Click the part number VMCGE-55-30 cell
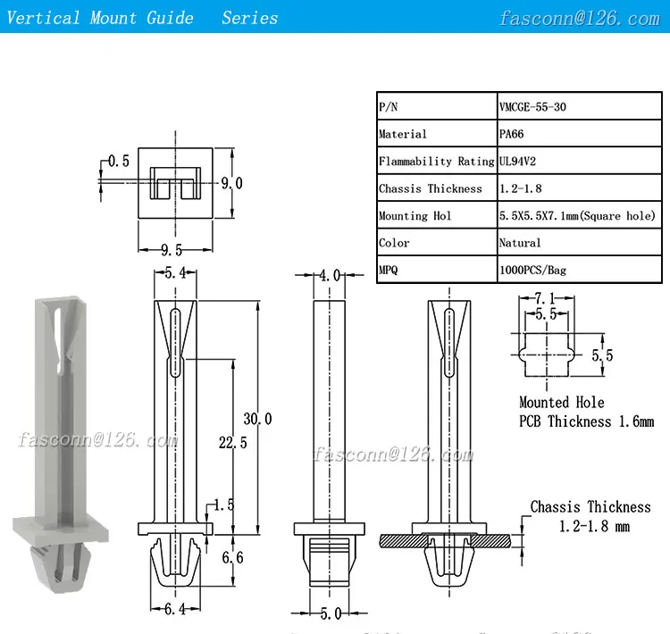coord(532,106)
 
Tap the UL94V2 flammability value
coord(517,161)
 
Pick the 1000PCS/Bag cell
coord(532,270)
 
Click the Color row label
coord(394,243)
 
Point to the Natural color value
coord(520,243)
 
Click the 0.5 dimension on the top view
coord(119,161)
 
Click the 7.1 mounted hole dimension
coord(545,298)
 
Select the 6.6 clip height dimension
coord(232,557)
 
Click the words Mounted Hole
coord(562,403)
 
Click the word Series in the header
coord(249,18)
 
